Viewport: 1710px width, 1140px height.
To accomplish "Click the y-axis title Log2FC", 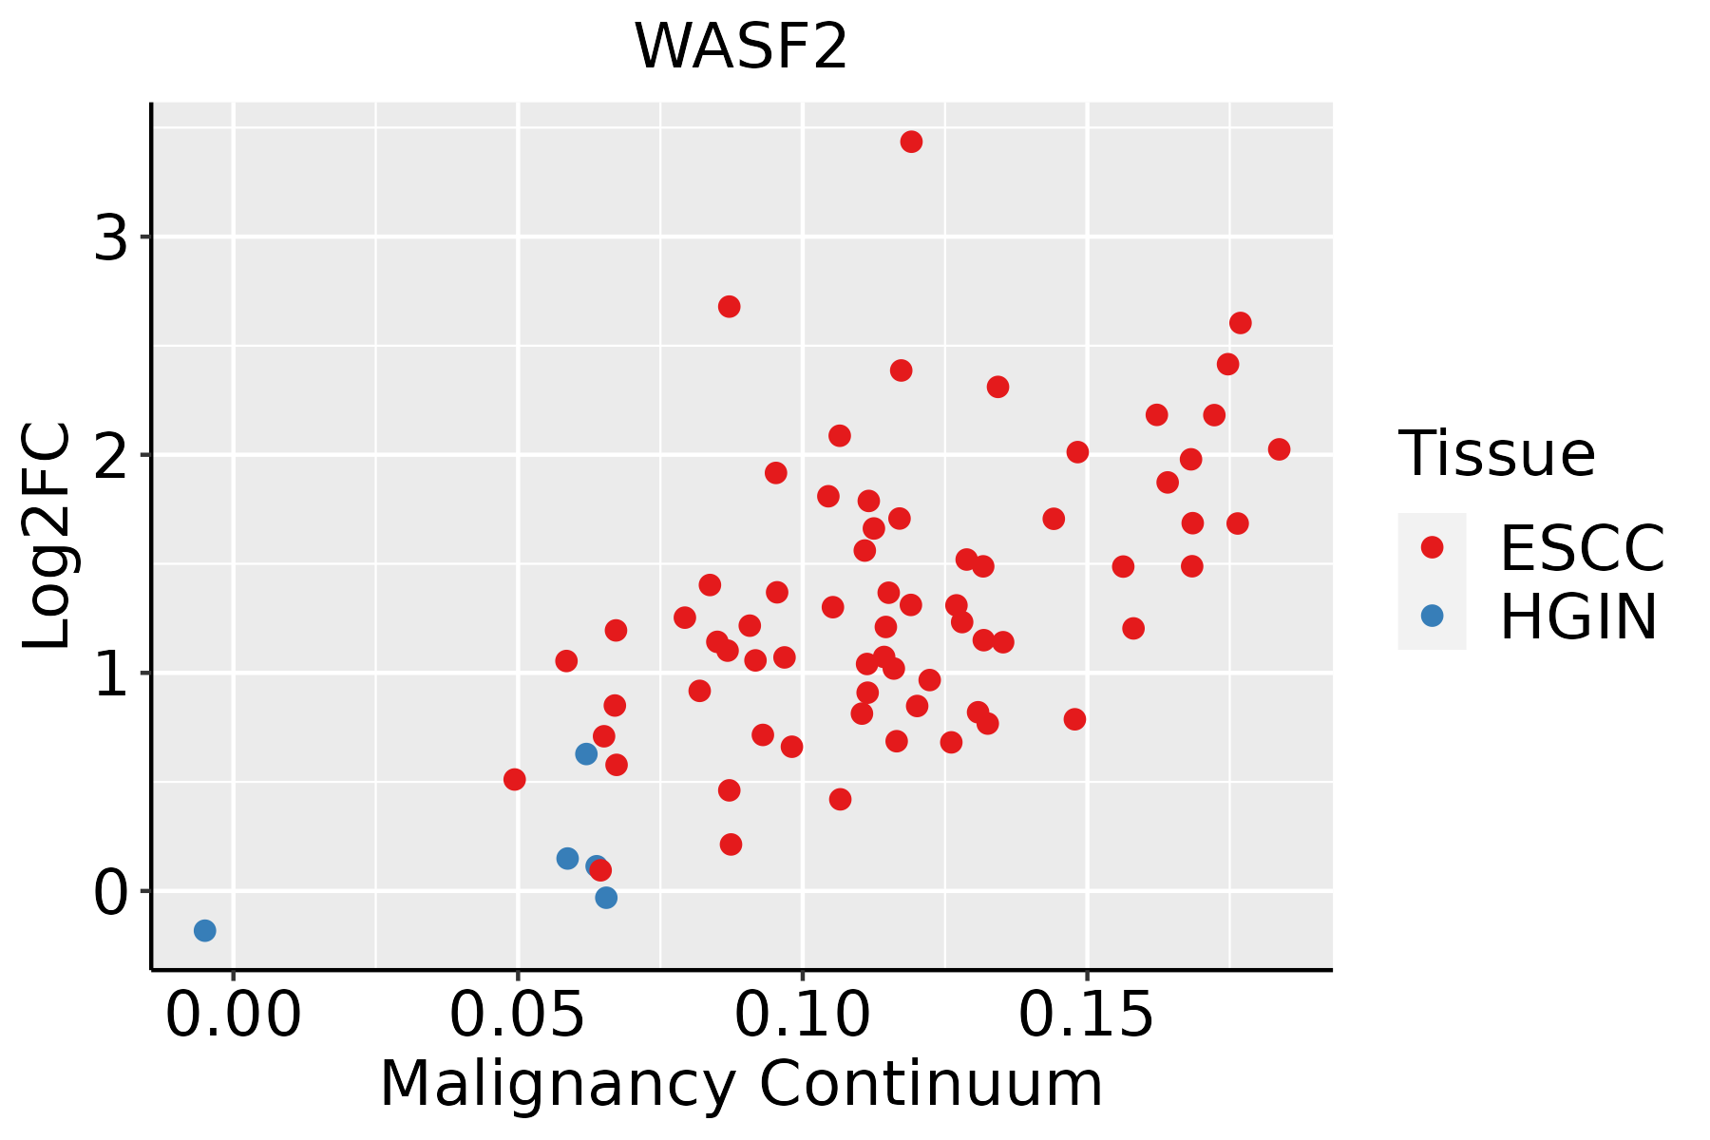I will (47, 537).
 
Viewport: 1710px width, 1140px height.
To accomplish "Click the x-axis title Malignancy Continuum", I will (740, 1084).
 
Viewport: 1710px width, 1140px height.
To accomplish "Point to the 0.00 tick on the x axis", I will (233, 1016).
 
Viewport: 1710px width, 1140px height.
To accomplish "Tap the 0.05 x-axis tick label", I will (517, 1016).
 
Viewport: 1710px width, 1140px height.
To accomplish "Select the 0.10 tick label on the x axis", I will (802, 1016).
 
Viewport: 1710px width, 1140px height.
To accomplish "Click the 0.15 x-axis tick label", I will (1086, 1016).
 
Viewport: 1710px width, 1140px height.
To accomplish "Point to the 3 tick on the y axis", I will (110, 237).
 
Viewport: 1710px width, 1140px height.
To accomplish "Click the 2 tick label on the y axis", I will (110, 455).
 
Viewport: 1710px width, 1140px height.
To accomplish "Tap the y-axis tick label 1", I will (110, 674).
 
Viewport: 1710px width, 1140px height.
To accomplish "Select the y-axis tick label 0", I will (110, 892).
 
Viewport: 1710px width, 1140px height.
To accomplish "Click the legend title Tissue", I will (1496, 454).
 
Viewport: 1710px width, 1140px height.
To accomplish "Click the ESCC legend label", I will (1582, 548).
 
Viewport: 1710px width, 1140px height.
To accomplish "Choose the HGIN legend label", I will (1578, 617).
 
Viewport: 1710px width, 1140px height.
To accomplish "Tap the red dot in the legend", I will (1432, 547).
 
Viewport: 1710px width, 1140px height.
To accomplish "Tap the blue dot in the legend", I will (1432, 616).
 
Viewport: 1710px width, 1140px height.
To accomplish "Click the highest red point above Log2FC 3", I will (911, 142).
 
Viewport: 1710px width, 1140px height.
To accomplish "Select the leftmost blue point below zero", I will (204, 930).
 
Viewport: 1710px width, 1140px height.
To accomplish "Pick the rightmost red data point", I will (1279, 449).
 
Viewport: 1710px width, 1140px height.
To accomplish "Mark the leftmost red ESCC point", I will (514, 779).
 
